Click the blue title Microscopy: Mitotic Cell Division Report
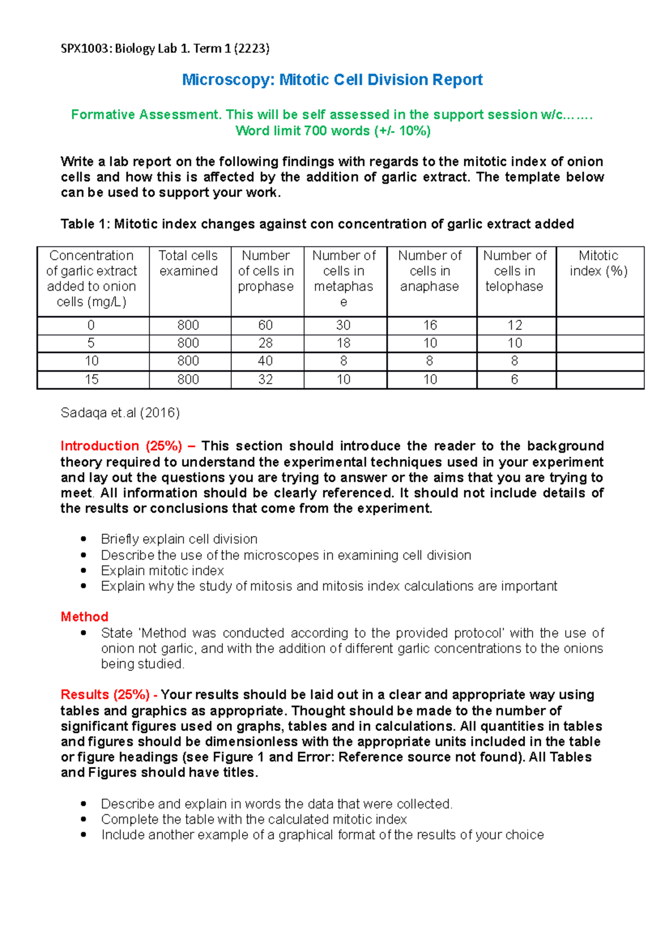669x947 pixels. pos(332,80)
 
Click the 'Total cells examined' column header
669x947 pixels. pos(188,263)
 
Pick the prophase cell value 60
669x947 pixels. pos(265,325)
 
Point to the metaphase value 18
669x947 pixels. pos(343,343)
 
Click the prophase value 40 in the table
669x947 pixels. pos(265,361)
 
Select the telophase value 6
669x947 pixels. pos(514,379)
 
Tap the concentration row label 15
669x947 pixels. pos(91,379)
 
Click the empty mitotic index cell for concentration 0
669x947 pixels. pos(599,325)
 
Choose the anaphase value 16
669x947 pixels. pos(430,325)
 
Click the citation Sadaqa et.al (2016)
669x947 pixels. pos(120,413)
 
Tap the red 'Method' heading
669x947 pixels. pos(84,617)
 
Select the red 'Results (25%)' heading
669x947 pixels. pos(105,695)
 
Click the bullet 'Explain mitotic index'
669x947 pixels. pos(162,571)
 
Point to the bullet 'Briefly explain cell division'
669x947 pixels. pos(179,539)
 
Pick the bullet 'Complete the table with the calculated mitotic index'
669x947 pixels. pos(254,819)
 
